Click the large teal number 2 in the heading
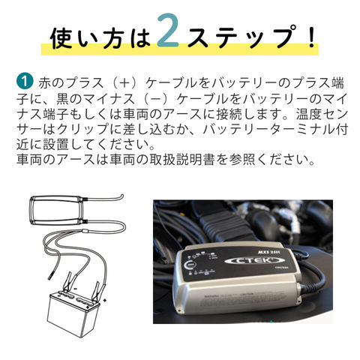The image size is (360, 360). point(168,31)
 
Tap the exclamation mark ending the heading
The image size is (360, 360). point(311,35)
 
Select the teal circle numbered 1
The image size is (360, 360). point(25,81)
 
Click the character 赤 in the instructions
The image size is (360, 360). point(45,82)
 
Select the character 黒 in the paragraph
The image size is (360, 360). point(63,99)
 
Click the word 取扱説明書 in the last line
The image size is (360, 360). point(182,159)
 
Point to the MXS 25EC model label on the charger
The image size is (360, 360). point(268,252)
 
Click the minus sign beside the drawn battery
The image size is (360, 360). point(75,288)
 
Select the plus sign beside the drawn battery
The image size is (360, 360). point(105,300)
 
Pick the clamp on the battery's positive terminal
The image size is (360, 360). point(96,291)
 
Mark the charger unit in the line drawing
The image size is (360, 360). point(56,210)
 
